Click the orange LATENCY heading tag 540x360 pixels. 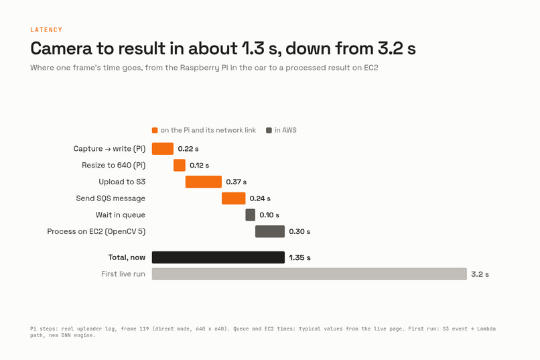(46, 30)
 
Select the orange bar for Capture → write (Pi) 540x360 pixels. (163, 149)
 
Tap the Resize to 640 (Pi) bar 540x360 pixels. (180, 166)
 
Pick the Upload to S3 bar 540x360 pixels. (204, 182)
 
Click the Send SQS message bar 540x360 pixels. (234, 198)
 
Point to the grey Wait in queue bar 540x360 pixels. (251, 215)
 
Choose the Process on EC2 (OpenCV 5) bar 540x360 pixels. (270, 231)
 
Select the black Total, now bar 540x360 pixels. (218, 257)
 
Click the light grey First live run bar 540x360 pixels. (310, 274)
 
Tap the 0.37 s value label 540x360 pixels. (237, 182)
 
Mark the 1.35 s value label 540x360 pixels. (299, 257)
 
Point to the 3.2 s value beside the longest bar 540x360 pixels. (480, 274)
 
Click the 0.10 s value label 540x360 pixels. (269, 215)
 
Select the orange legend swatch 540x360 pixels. (155, 130)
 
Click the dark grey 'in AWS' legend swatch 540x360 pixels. (269, 130)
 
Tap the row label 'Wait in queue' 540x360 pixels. (121, 215)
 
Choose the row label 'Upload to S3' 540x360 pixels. (122, 182)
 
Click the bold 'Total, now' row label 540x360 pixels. (127, 257)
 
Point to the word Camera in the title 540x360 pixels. (61, 48)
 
